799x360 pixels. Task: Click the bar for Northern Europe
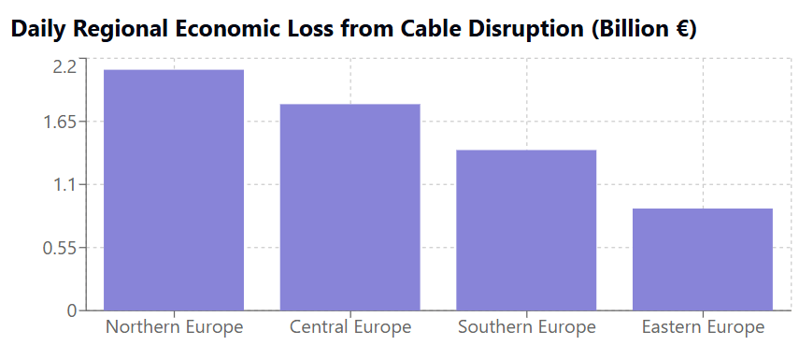(174, 190)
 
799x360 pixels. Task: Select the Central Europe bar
(350, 207)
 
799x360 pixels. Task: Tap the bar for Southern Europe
(526, 230)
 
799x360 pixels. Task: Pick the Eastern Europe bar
(703, 259)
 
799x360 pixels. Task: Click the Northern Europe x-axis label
(174, 327)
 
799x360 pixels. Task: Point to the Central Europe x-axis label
(350, 327)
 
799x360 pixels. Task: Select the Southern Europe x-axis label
(526, 327)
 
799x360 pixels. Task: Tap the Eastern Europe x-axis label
(703, 327)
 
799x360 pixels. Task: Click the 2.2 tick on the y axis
(64, 66)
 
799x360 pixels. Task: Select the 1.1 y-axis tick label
(64, 185)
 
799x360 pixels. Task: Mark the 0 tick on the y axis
(71, 310)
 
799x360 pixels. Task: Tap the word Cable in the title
(435, 30)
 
